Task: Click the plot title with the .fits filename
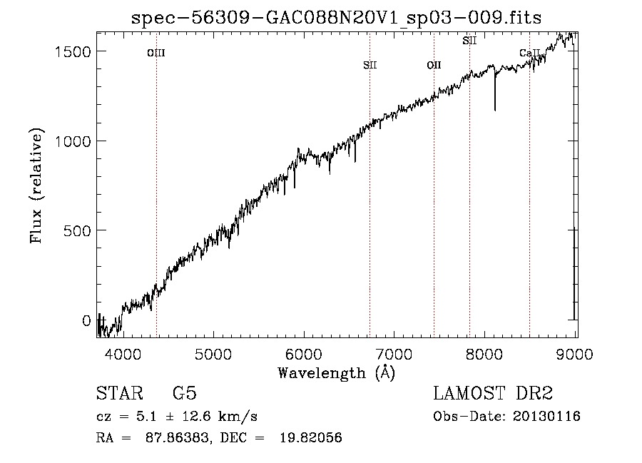click(x=337, y=18)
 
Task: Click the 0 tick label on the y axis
click(x=86, y=320)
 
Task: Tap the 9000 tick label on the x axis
click(x=575, y=353)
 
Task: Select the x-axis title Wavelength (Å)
click(x=336, y=372)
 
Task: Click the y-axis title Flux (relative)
click(x=36, y=186)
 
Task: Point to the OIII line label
click(x=156, y=53)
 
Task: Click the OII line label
click(x=434, y=66)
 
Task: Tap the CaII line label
click(x=529, y=54)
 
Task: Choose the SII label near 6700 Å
click(x=370, y=66)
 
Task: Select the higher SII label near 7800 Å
click(x=469, y=41)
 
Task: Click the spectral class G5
click(x=184, y=394)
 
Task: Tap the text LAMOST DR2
click(x=493, y=394)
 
